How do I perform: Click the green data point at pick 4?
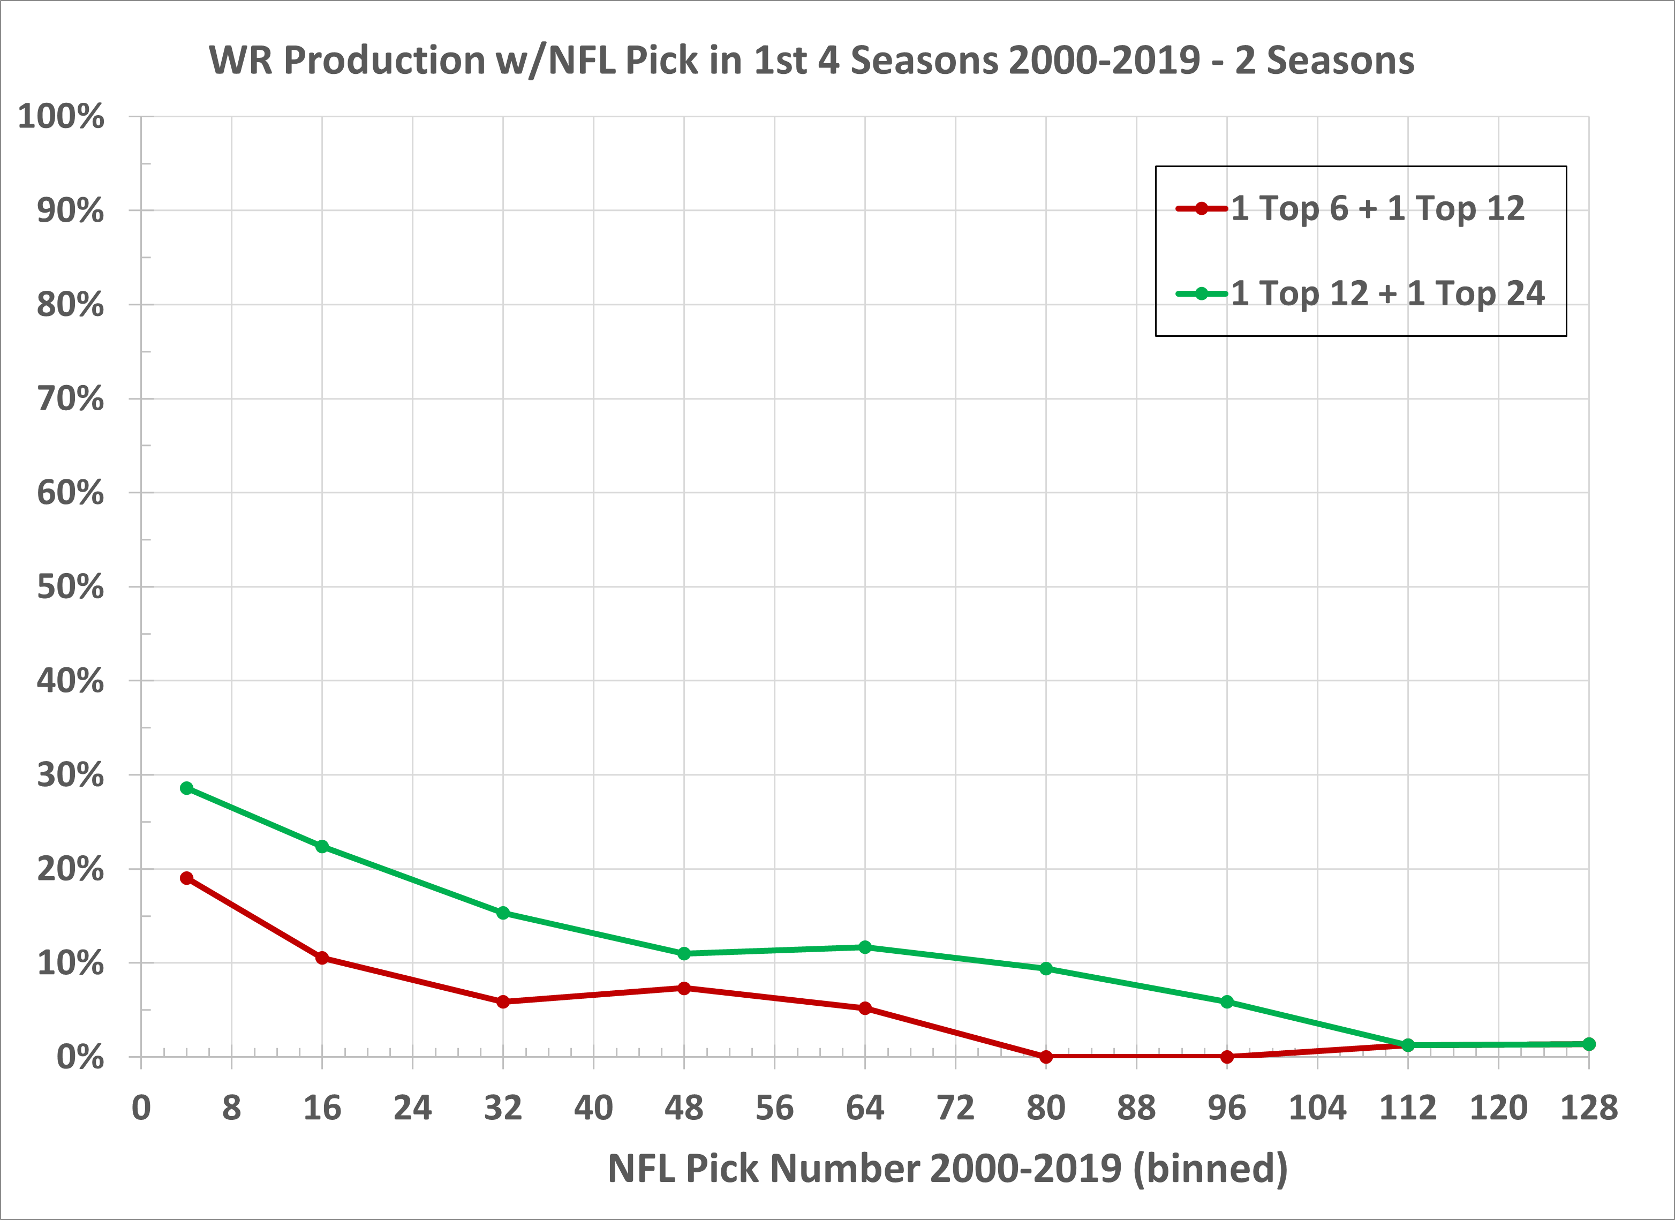coord(187,788)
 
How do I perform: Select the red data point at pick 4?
coord(187,878)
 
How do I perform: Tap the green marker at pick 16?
coord(322,846)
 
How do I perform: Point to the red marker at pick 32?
coord(503,1001)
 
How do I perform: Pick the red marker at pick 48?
coord(684,988)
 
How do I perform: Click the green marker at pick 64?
coord(865,947)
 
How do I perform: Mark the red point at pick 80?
coord(1046,1057)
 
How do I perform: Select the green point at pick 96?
coord(1227,1001)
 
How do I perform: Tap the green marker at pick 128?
coord(1589,1043)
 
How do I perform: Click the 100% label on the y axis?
coord(61,117)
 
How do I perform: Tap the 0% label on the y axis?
coord(80,1058)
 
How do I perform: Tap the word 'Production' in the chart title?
coord(384,61)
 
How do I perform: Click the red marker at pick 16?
coord(322,958)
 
